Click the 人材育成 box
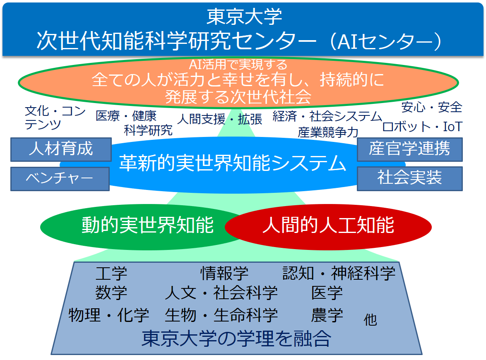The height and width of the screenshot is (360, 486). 61,149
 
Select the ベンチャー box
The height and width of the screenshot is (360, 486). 60,179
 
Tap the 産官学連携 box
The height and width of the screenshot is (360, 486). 410,149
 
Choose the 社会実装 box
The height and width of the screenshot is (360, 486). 410,178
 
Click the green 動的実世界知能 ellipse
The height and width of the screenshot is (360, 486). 136,227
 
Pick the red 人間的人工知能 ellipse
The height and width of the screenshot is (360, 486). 328,227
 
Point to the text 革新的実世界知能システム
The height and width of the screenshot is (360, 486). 233,163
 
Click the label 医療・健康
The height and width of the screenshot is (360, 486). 126,116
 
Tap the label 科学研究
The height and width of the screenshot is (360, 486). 148,130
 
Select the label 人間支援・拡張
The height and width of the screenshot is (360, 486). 220,119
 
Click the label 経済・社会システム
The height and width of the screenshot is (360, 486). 327,116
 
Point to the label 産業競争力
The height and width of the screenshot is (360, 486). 328,132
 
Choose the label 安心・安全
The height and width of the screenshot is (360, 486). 432,107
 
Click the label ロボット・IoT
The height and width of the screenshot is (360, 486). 422,126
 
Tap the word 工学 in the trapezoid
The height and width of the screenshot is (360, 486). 111,274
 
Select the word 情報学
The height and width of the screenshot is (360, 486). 224,273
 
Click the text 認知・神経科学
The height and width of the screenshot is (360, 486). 339,273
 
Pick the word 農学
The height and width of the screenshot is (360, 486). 327,315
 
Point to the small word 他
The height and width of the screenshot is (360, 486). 371,320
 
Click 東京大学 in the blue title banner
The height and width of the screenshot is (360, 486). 244,17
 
